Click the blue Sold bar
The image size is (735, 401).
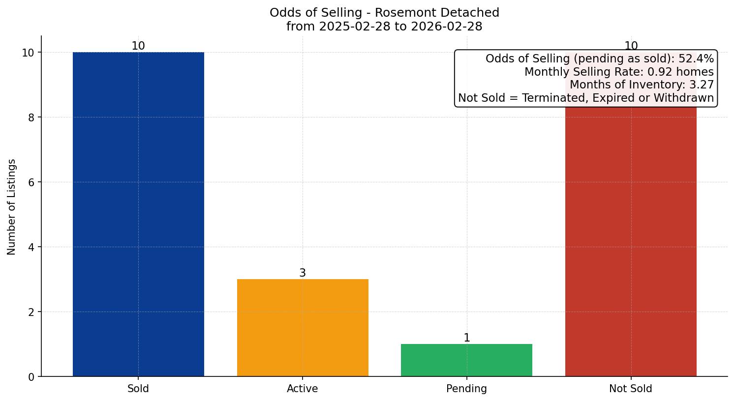point(138,214)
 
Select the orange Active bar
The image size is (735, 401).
point(303,328)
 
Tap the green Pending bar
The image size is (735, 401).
point(466,360)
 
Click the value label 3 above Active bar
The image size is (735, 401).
point(303,273)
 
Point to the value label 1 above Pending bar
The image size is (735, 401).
point(467,338)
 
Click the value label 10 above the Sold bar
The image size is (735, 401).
point(138,46)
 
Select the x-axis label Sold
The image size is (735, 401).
point(138,389)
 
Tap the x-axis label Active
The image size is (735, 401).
point(303,389)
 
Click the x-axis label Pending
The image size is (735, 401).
point(466,389)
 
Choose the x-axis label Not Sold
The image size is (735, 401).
point(631,389)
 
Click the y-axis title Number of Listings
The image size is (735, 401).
point(12,207)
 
